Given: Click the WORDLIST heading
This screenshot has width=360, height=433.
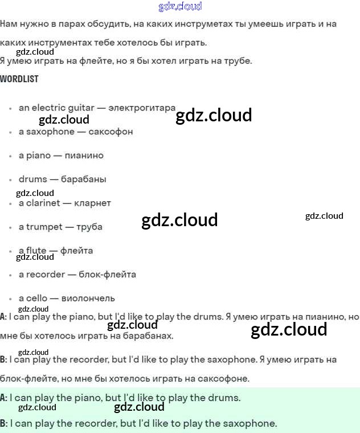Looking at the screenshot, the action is [19, 79].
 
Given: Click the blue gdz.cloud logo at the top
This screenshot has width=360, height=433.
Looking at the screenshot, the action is [180, 7].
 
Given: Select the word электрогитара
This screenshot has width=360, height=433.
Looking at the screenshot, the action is [142, 108].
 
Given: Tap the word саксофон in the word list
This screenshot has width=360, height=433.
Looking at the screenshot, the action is [111, 132].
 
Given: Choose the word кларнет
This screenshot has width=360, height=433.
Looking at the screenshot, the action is [92, 203].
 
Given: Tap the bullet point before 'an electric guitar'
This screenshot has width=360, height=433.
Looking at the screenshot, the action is [10, 108].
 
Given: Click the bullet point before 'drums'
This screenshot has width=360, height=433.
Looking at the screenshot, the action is [10, 180].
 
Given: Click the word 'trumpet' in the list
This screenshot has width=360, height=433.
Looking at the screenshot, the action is [44, 227].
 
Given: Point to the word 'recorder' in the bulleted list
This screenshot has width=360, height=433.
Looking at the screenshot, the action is [46, 275].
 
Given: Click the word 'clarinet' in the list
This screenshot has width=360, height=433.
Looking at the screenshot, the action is [44, 203].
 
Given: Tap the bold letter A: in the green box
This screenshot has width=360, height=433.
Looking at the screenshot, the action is [4, 398].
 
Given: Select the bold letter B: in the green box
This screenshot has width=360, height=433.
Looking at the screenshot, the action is [4, 423].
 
